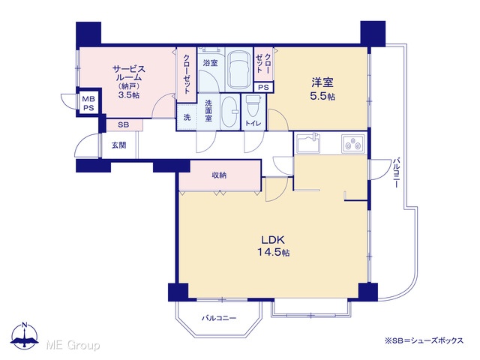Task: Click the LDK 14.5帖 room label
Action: pos(273,246)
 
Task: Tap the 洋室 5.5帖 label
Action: pos(322,89)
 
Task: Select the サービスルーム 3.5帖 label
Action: pos(128,82)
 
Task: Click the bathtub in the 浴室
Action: pos(239,69)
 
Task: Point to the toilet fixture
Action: pos(253,105)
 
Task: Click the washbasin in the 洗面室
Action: pos(230,112)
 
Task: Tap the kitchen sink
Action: pos(308,143)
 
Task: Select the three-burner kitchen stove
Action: pos(353,143)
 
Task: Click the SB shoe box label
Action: pos(123,125)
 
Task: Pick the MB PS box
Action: pos(88,103)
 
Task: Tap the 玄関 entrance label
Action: pos(118,145)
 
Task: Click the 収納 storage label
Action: pos(219,175)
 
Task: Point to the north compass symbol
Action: pos(25,335)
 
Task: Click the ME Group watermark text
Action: pos(73,345)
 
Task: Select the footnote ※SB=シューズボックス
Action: pos(424,340)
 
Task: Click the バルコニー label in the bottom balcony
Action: pos(218,318)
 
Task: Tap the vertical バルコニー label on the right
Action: pos(397,172)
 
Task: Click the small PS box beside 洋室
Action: pos(263,87)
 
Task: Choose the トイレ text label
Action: pos(253,123)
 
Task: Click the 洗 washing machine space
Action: pos(187,117)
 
